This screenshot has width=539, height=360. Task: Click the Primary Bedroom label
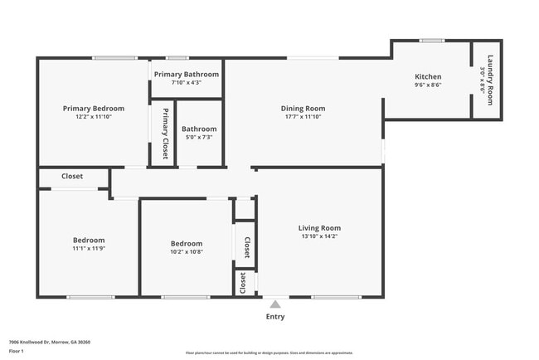(94, 109)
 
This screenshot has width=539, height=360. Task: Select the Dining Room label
(302, 108)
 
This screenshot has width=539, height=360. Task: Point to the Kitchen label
(428, 76)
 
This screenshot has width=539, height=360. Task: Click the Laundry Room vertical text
(490, 80)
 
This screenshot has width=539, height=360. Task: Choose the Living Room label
(319, 228)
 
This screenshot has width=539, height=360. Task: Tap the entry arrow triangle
(274, 304)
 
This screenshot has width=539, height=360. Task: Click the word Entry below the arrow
(274, 316)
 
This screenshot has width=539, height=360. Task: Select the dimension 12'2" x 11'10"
(94, 117)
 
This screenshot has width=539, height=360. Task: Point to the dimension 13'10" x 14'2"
(319, 236)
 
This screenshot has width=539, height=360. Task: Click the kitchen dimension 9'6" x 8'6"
(428, 85)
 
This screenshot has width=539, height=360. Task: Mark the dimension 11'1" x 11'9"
(89, 248)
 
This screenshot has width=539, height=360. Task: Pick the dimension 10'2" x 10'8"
(186, 251)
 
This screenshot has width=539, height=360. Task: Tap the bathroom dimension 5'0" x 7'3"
(199, 137)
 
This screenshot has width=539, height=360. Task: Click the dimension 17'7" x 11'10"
(302, 117)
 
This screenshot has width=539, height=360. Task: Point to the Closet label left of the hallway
(72, 176)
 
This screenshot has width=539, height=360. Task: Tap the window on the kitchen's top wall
(431, 40)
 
